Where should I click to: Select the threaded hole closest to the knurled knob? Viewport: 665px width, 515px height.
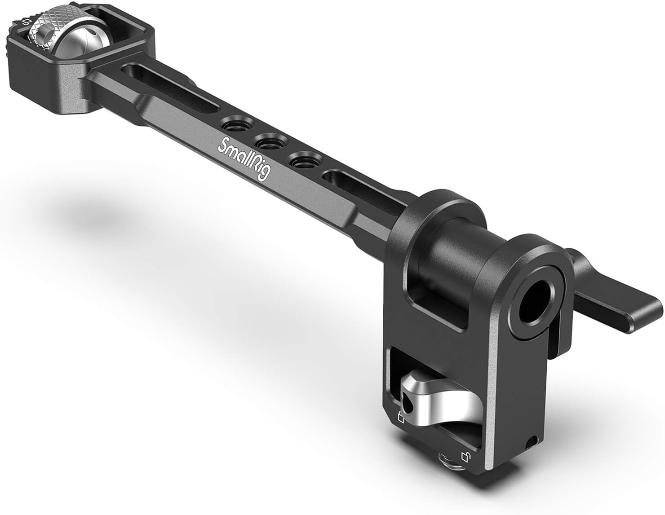pos(234,124)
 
